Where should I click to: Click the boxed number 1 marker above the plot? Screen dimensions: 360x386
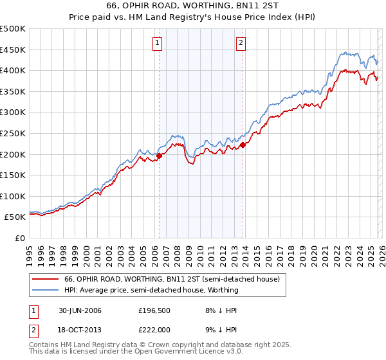[x=158, y=43]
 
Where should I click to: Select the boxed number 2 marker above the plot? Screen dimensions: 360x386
[x=241, y=43]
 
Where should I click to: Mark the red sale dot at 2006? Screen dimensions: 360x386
[x=160, y=155]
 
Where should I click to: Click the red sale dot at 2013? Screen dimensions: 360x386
[x=243, y=145]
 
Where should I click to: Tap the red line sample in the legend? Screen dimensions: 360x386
[x=45, y=280]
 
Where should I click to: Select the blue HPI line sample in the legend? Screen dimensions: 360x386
[x=45, y=291]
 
